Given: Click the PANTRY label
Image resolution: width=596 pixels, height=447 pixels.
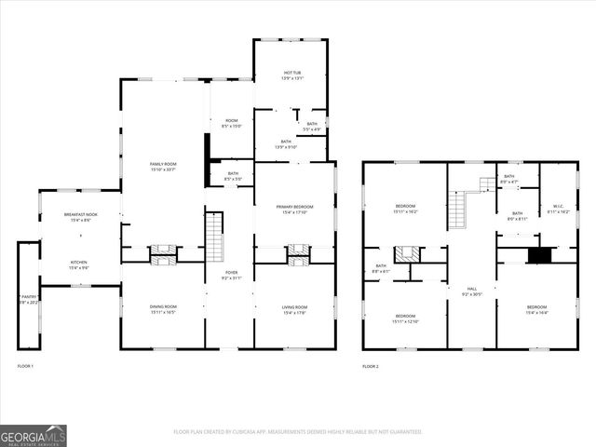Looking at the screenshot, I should [x=27, y=299].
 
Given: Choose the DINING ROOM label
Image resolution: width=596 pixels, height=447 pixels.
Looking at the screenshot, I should [x=163, y=309].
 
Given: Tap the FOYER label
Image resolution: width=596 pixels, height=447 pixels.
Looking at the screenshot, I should [x=230, y=275].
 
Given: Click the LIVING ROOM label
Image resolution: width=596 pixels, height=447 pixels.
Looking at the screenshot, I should [x=294, y=309].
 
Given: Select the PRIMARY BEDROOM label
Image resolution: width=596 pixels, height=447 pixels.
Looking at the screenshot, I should [x=294, y=209].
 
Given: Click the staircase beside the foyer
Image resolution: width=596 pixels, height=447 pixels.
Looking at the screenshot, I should [x=215, y=237].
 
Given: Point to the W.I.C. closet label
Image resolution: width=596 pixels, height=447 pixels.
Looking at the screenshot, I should [x=559, y=210].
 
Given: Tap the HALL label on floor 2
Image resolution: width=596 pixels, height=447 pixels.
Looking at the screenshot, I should [x=471, y=291].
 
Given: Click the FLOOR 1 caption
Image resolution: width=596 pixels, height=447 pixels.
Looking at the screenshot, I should [x=25, y=367].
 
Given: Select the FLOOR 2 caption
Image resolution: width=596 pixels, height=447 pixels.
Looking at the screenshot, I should [x=371, y=367].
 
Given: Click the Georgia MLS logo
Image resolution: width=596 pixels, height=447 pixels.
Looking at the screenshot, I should [x=34, y=435].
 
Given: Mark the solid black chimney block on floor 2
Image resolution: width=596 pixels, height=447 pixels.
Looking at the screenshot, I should [x=539, y=254].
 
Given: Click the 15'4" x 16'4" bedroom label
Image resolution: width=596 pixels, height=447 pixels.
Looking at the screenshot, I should [x=537, y=309].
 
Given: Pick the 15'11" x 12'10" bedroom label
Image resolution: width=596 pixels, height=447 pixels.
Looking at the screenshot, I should [x=405, y=318].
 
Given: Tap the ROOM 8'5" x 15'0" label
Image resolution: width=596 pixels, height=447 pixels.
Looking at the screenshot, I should [x=231, y=123].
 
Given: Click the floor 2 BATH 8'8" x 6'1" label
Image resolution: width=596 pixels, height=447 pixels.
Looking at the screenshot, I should [x=381, y=268].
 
